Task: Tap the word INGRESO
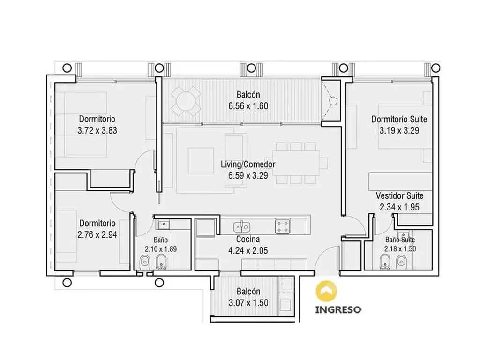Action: (338, 309)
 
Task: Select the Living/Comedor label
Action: (248, 165)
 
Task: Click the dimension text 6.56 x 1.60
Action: (248, 106)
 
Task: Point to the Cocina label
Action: (248, 239)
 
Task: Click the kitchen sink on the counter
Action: (242, 227)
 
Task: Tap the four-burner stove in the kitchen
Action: (282, 226)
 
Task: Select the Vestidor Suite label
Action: (399, 195)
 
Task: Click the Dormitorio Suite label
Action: (399, 119)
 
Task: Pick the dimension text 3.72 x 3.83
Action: (97, 130)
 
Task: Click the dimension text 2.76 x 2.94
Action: (97, 235)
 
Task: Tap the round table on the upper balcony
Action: (186, 101)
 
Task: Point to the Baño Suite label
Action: (400, 240)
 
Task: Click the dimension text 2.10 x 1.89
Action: (161, 249)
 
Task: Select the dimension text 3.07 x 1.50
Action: (248, 303)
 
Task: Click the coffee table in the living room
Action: (201, 160)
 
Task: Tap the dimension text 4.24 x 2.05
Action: (248, 250)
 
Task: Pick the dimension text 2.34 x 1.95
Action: (399, 207)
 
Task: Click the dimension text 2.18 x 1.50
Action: (400, 248)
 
